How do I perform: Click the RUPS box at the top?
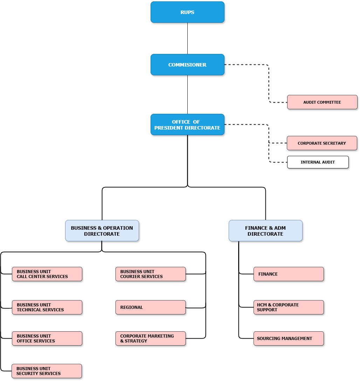point(187,12)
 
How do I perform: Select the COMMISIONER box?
point(187,65)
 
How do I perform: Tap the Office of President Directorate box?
point(187,125)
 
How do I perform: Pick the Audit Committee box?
point(322,102)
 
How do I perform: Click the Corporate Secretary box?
point(322,143)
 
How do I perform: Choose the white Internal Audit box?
point(318,162)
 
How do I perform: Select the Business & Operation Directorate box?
point(102,231)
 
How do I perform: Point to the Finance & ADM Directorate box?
point(265,231)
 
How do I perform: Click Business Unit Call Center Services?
point(47,274)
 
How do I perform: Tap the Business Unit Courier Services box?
point(151,274)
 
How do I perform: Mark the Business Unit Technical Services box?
point(47,307)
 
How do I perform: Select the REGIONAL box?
point(151,307)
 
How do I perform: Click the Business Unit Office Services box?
point(47,339)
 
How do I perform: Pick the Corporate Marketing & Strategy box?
point(151,339)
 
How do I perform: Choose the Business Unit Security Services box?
point(47,371)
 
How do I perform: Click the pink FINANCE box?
point(289,274)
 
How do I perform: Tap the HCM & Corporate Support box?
point(289,307)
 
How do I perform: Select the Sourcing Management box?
point(289,339)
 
